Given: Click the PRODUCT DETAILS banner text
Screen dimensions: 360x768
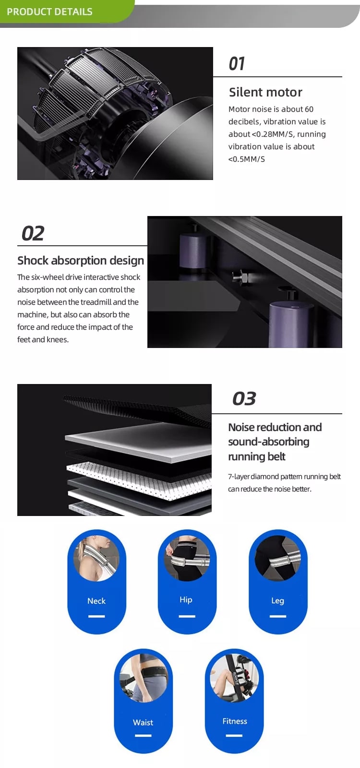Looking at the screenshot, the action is [50, 12].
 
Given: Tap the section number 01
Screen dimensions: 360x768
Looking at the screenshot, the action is [237, 64].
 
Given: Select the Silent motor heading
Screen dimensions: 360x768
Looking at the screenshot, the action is [265, 92].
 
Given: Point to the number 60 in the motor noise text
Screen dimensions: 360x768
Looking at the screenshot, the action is [309, 109].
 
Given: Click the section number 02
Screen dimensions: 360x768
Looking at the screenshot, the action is [33, 233].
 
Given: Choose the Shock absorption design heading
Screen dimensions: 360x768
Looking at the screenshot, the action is [81, 261].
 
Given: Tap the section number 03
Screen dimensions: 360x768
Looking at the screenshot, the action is [244, 399].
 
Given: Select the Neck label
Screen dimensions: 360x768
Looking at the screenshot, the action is [96, 600].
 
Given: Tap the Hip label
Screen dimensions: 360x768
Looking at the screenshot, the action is [186, 600].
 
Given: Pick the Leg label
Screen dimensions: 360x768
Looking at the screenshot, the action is [277, 600].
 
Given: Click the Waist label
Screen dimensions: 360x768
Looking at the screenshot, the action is [143, 722].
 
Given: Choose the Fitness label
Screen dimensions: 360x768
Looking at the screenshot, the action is [235, 721].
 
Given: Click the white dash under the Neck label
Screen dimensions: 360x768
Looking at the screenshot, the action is [96, 616].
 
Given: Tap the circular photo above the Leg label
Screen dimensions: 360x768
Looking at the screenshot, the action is [278, 558].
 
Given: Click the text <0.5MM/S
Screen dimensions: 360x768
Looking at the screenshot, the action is [247, 159].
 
